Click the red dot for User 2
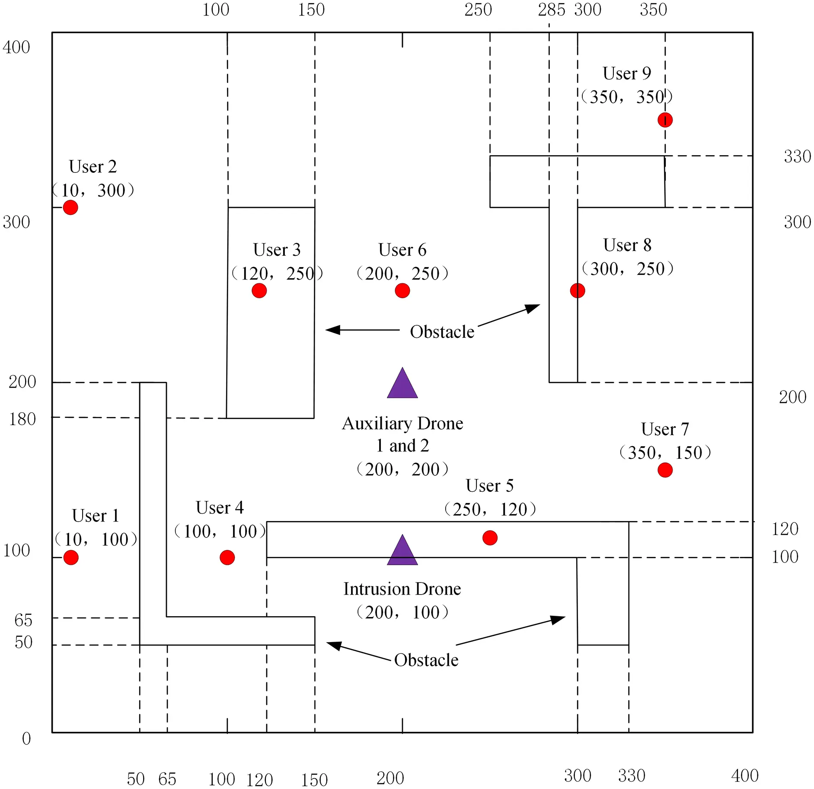click(x=70, y=207)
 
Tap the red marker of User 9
click(x=665, y=120)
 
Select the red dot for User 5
click(x=490, y=538)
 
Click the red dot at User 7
click(x=665, y=470)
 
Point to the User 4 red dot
click(x=227, y=557)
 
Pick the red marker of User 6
click(x=402, y=290)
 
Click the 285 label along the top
click(x=551, y=10)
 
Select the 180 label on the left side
click(x=22, y=419)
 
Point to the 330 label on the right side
click(x=797, y=156)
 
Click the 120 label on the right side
click(x=785, y=529)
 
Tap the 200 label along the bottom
click(x=390, y=778)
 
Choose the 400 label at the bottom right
click(x=744, y=776)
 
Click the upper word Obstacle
click(x=442, y=332)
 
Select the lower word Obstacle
click(x=426, y=660)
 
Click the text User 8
click(x=627, y=245)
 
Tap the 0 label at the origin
click(x=26, y=738)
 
